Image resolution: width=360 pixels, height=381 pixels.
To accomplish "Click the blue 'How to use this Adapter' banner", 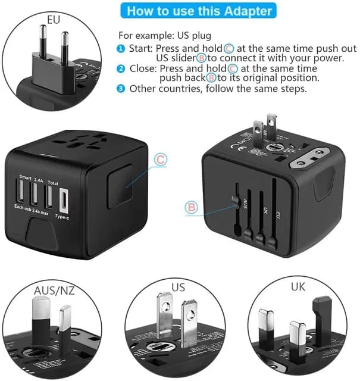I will (200, 11).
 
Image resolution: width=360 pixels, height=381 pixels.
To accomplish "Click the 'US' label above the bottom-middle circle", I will (178, 287).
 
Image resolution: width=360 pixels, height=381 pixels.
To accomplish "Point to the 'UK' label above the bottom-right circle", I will (299, 286).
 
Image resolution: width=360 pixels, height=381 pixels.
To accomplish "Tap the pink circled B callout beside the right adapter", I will (192, 207).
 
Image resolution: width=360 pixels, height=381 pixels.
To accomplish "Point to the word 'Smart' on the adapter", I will (25, 177).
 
